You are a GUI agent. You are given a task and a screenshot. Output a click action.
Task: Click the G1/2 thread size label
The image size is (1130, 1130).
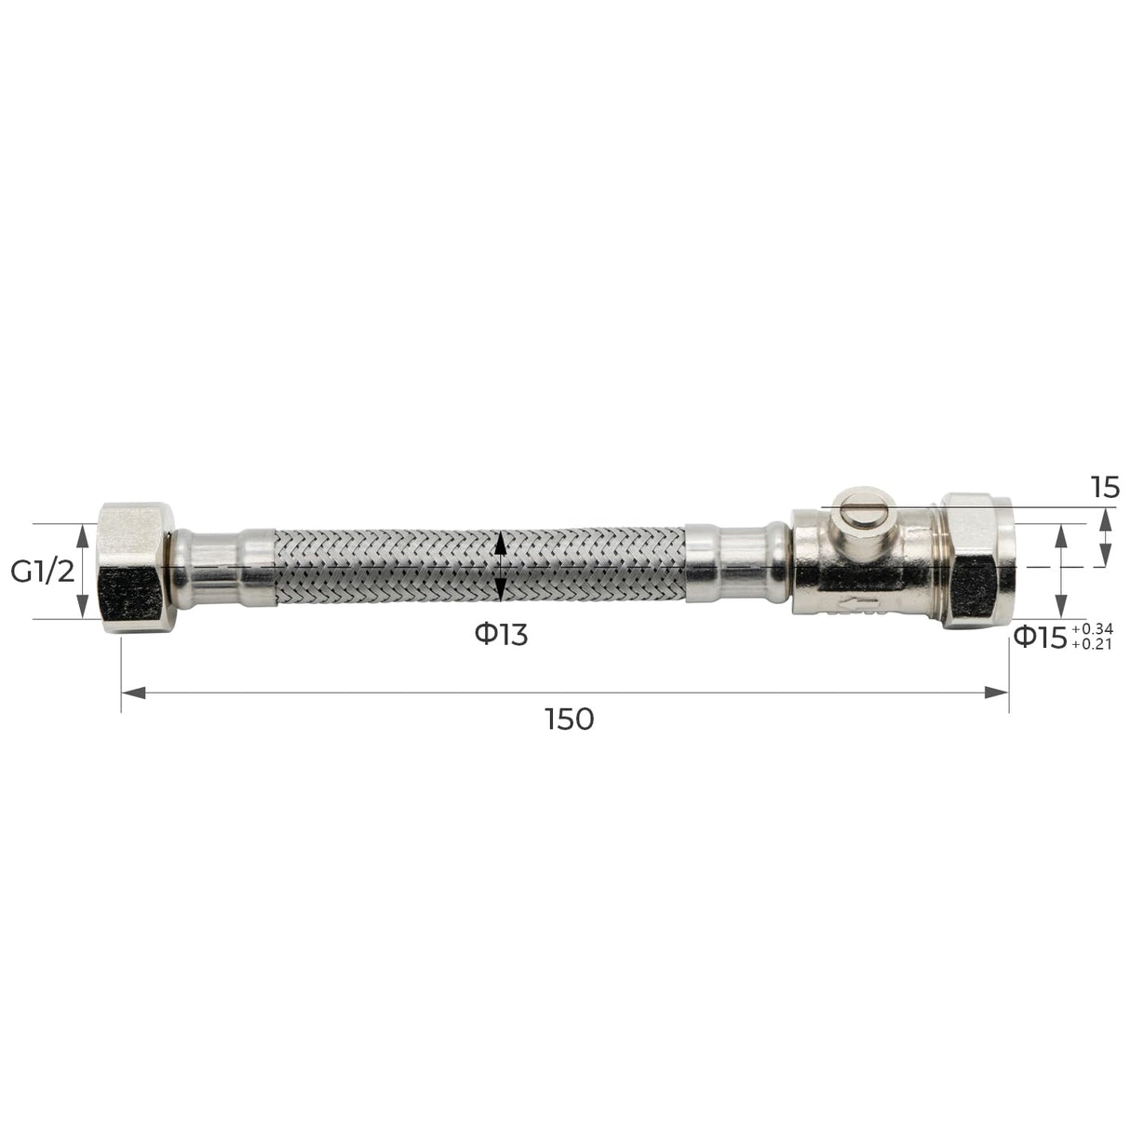41,572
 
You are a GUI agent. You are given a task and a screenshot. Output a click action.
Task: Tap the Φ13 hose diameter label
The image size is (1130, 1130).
501,635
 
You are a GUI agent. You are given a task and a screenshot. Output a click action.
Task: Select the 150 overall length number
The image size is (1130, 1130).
571,719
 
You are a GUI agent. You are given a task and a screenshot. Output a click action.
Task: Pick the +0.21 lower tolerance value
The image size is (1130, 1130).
1092,643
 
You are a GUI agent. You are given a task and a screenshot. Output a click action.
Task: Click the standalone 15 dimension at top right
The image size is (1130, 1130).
1106,488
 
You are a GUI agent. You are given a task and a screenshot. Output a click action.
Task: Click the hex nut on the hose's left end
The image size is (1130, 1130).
133,568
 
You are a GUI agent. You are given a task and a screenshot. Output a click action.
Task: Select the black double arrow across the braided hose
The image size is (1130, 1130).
501,567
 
